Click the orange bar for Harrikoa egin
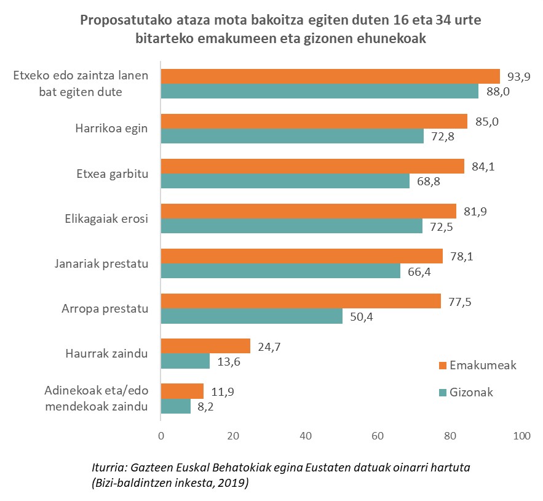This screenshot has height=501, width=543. tap(314, 121)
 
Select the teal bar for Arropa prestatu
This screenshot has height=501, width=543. tap(252, 316)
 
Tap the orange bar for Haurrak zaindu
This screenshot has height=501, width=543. tap(205, 346)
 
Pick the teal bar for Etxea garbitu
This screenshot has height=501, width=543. tap(285, 181)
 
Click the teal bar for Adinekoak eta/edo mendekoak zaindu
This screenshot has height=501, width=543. tap(175, 406)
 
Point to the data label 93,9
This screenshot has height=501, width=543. tap(519, 76)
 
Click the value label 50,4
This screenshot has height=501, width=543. tap(362, 317)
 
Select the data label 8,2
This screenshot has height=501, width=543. tap(206, 407)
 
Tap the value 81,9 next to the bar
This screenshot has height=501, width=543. tap(475, 211)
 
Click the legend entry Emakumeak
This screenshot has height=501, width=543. tap(482, 366)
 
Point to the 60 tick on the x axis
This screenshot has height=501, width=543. tap(378, 436)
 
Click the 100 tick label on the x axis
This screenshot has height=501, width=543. tap(521, 436)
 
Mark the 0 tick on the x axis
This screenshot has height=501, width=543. tap(161, 436)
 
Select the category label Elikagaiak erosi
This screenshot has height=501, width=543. tap(106, 219)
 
